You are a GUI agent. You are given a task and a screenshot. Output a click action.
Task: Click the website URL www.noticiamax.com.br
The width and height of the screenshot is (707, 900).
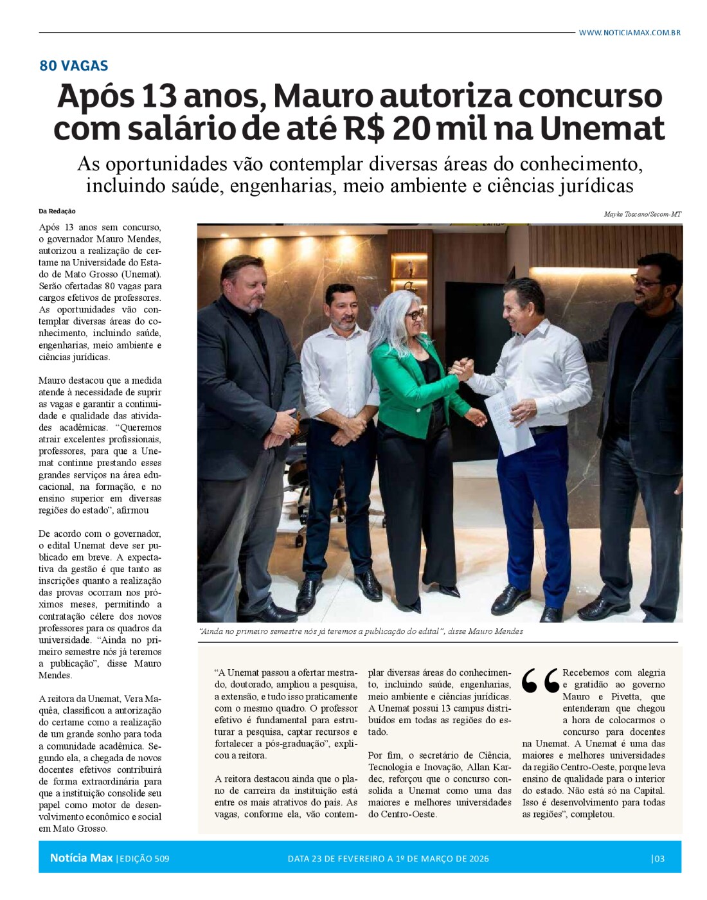[629, 32]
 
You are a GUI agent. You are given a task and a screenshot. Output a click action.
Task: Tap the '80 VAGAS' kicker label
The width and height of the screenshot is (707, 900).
[73, 66]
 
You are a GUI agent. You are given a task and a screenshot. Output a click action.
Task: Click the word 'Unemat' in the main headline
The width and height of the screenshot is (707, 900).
[602, 128]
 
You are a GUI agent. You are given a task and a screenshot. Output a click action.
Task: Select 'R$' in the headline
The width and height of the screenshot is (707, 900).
[363, 128]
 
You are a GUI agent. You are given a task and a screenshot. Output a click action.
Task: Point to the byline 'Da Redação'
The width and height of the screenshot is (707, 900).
[57, 211]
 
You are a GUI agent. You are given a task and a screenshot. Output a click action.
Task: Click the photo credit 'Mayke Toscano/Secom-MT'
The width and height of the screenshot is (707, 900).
[642, 214]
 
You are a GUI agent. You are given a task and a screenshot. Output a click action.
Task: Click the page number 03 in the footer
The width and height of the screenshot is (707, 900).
[658, 858]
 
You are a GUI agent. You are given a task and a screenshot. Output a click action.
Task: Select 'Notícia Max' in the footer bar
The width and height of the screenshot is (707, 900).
[81, 858]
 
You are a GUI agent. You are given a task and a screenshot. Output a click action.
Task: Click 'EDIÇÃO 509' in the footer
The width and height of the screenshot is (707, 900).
[144, 859]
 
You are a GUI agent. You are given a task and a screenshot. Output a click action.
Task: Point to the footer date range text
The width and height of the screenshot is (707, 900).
[388, 859]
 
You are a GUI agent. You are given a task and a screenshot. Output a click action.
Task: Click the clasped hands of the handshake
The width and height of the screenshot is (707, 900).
[461, 370]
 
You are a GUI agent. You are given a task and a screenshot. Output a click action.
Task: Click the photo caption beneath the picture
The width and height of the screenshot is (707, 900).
[361, 631]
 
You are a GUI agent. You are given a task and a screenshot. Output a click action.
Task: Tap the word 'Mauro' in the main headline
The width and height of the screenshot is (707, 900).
[323, 96]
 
